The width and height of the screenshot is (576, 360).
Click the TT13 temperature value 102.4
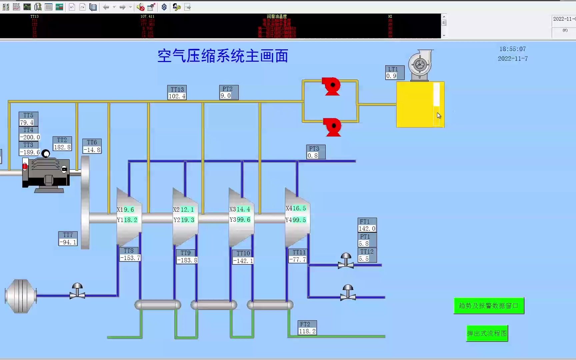[x=177, y=96]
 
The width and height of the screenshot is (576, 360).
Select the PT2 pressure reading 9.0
[x=226, y=96]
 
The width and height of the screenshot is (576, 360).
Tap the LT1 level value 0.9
[x=391, y=76]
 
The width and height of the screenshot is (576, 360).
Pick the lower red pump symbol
[x=333, y=127]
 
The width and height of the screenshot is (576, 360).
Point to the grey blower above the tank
[x=420, y=65]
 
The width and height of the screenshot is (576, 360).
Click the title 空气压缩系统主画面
[x=223, y=56]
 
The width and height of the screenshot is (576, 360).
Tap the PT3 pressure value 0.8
[x=313, y=156]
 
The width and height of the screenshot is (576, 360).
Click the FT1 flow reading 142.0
[x=367, y=229]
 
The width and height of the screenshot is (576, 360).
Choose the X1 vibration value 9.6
[x=129, y=210]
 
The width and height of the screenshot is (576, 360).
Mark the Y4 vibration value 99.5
[x=299, y=220]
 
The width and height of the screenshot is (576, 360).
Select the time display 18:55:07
[x=512, y=49]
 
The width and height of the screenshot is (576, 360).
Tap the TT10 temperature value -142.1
[x=243, y=261]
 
